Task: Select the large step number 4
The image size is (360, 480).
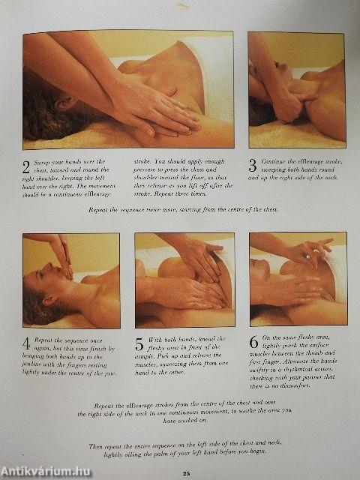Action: click(27, 344)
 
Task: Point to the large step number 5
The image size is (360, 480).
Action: click(139, 345)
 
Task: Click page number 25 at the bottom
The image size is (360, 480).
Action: click(184, 472)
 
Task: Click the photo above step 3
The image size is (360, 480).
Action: click(295, 90)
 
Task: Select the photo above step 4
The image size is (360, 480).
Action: click(70, 280)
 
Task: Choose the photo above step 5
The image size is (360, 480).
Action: click(184, 280)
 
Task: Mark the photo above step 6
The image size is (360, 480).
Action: click(298, 278)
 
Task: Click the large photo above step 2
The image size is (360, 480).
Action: click(127, 90)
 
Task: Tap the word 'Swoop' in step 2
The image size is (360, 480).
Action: click(45, 161)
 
